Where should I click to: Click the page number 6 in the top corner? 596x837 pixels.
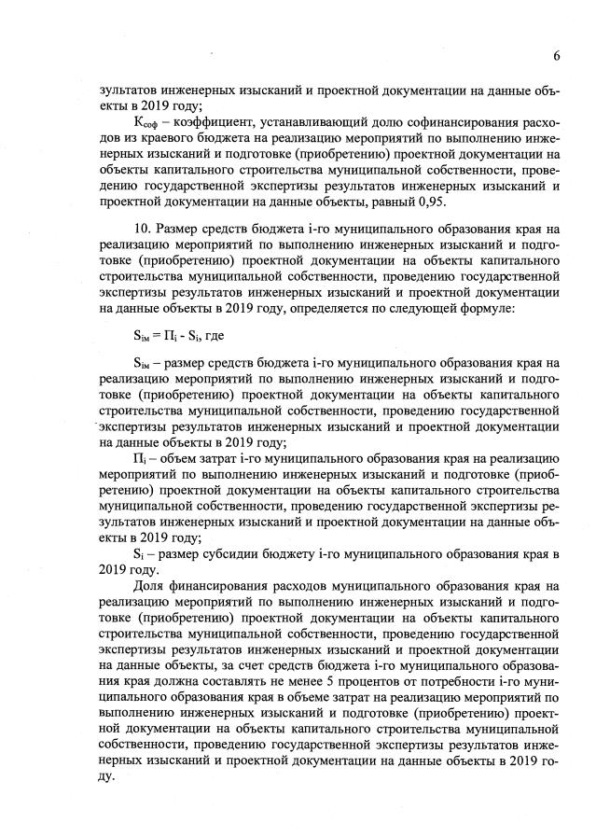click(x=556, y=56)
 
